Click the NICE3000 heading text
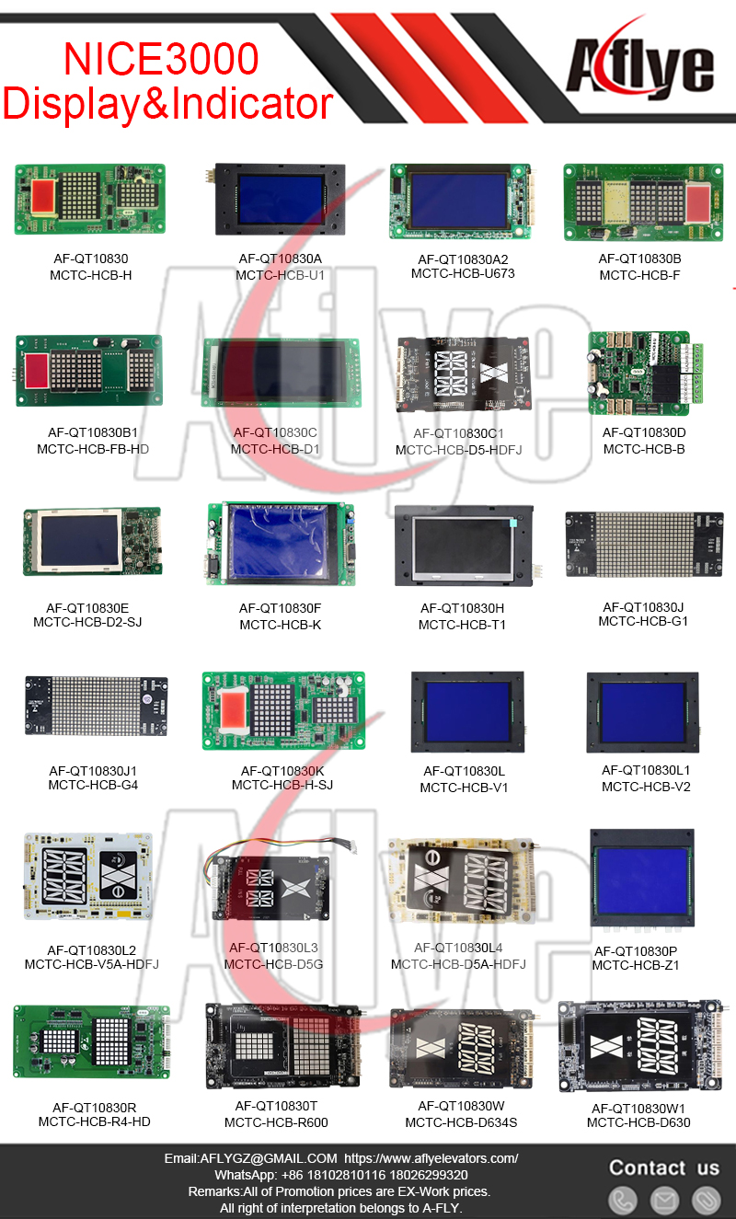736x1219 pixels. [x=161, y=60]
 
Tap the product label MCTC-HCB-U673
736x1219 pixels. [x=463, y=273]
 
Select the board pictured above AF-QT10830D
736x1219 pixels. [x=638, y=373]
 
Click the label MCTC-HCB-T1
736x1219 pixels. [x=462, y=625]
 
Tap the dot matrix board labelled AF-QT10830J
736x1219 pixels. [x=644, y=545]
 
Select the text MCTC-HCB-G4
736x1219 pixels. [x=93, y=785]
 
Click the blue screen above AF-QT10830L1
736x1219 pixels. [x=644, y=711]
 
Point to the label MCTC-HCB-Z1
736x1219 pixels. [x=635, y=965]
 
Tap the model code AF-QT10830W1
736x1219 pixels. [x=638, y=1109]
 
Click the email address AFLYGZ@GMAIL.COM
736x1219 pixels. [x=250, y=1158]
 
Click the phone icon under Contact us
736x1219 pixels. [x=623, y=1200]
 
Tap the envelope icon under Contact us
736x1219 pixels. [x=664, y=1200]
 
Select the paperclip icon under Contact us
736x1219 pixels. [x=706, y=1200]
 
